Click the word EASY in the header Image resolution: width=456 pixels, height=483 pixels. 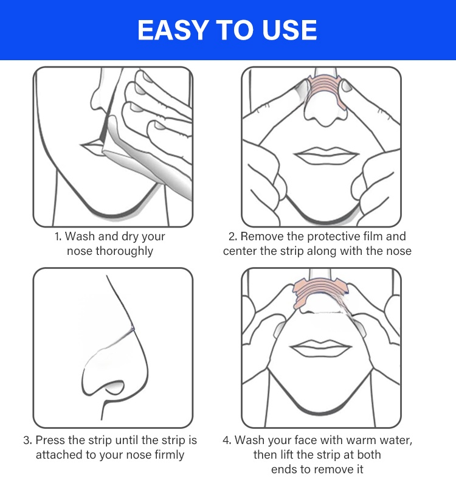[173, 30]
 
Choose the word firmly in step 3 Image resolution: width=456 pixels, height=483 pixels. [169, 455]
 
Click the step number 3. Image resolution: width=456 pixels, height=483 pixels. [27, 440]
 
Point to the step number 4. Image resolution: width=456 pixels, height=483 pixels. [227, 440]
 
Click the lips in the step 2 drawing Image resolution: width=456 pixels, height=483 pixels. [326, 156]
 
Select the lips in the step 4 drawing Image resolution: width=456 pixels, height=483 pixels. [320, 348]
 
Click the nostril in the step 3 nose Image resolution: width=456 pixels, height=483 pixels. [114, 387]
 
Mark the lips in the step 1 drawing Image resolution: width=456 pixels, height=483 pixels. [92, 147]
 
